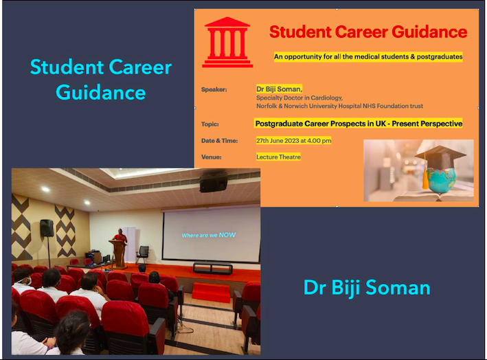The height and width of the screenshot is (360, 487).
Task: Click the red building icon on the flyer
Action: pos(227,42)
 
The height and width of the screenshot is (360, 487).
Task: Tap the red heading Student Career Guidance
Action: pos(368,32)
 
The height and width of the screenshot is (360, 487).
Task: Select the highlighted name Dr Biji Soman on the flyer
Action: pos(279,89)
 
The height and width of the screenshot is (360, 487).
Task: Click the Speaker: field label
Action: pos(214,89)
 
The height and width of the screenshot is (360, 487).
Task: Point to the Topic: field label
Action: pos(210,124)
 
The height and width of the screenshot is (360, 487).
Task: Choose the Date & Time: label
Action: pos(219,141)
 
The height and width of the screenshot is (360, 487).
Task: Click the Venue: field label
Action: pos(211,157)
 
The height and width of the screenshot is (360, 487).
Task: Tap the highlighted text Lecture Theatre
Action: pos(278,157)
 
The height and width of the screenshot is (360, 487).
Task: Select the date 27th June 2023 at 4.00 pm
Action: pos(293,141)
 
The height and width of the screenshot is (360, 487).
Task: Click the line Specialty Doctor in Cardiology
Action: pos(299,98)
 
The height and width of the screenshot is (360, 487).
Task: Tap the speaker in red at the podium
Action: pos(120,236)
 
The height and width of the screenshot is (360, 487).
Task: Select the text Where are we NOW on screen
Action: pos(209,235)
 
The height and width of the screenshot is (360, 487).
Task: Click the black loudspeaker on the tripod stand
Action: pos(47,228)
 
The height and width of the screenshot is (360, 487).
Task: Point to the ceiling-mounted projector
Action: pos(214,181)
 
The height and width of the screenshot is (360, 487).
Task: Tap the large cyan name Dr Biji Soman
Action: pos(367,288)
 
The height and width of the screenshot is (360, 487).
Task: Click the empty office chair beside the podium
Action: pos(143,254)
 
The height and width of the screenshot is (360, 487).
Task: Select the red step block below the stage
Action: pos(211,293)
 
